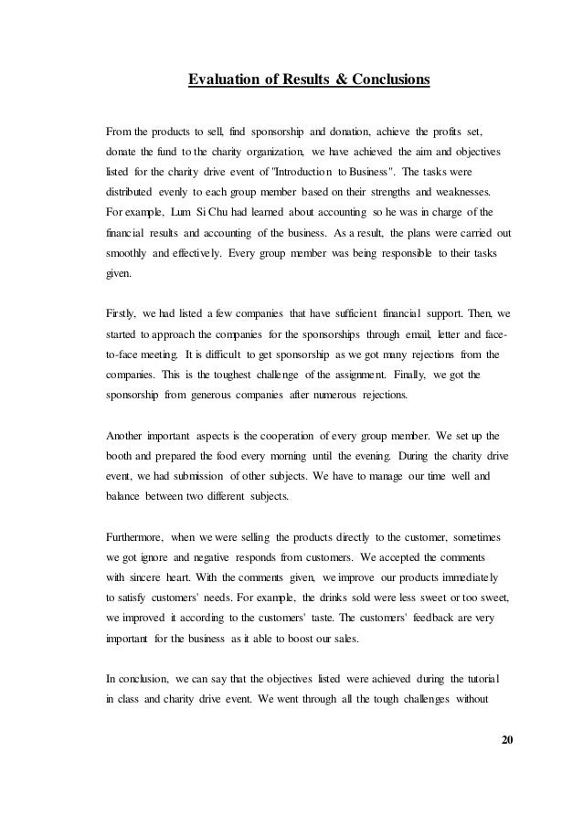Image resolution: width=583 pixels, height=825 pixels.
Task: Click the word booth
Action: point(122,456)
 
